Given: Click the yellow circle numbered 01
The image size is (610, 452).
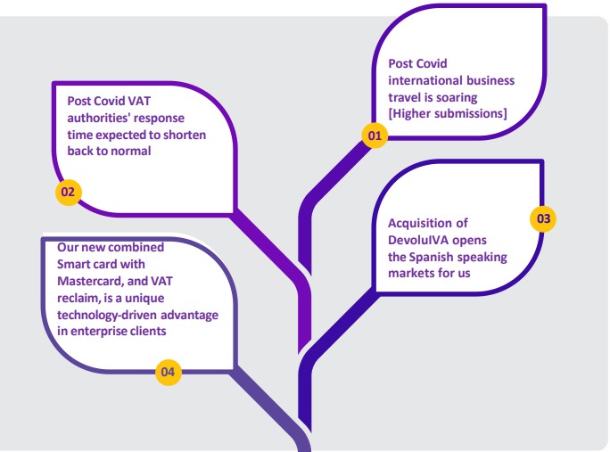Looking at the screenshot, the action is point(375,136).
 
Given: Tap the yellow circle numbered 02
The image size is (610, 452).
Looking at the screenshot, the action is point(68,193).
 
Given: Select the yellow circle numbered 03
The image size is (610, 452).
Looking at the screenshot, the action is point(543,218).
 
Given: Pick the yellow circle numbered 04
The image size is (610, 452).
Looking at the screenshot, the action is point(168,372).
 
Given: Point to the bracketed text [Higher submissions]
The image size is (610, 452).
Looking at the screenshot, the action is point(448,113).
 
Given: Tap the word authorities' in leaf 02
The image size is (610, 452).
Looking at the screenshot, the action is point(98,118).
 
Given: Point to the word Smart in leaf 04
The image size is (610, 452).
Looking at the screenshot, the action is point(72,264).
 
